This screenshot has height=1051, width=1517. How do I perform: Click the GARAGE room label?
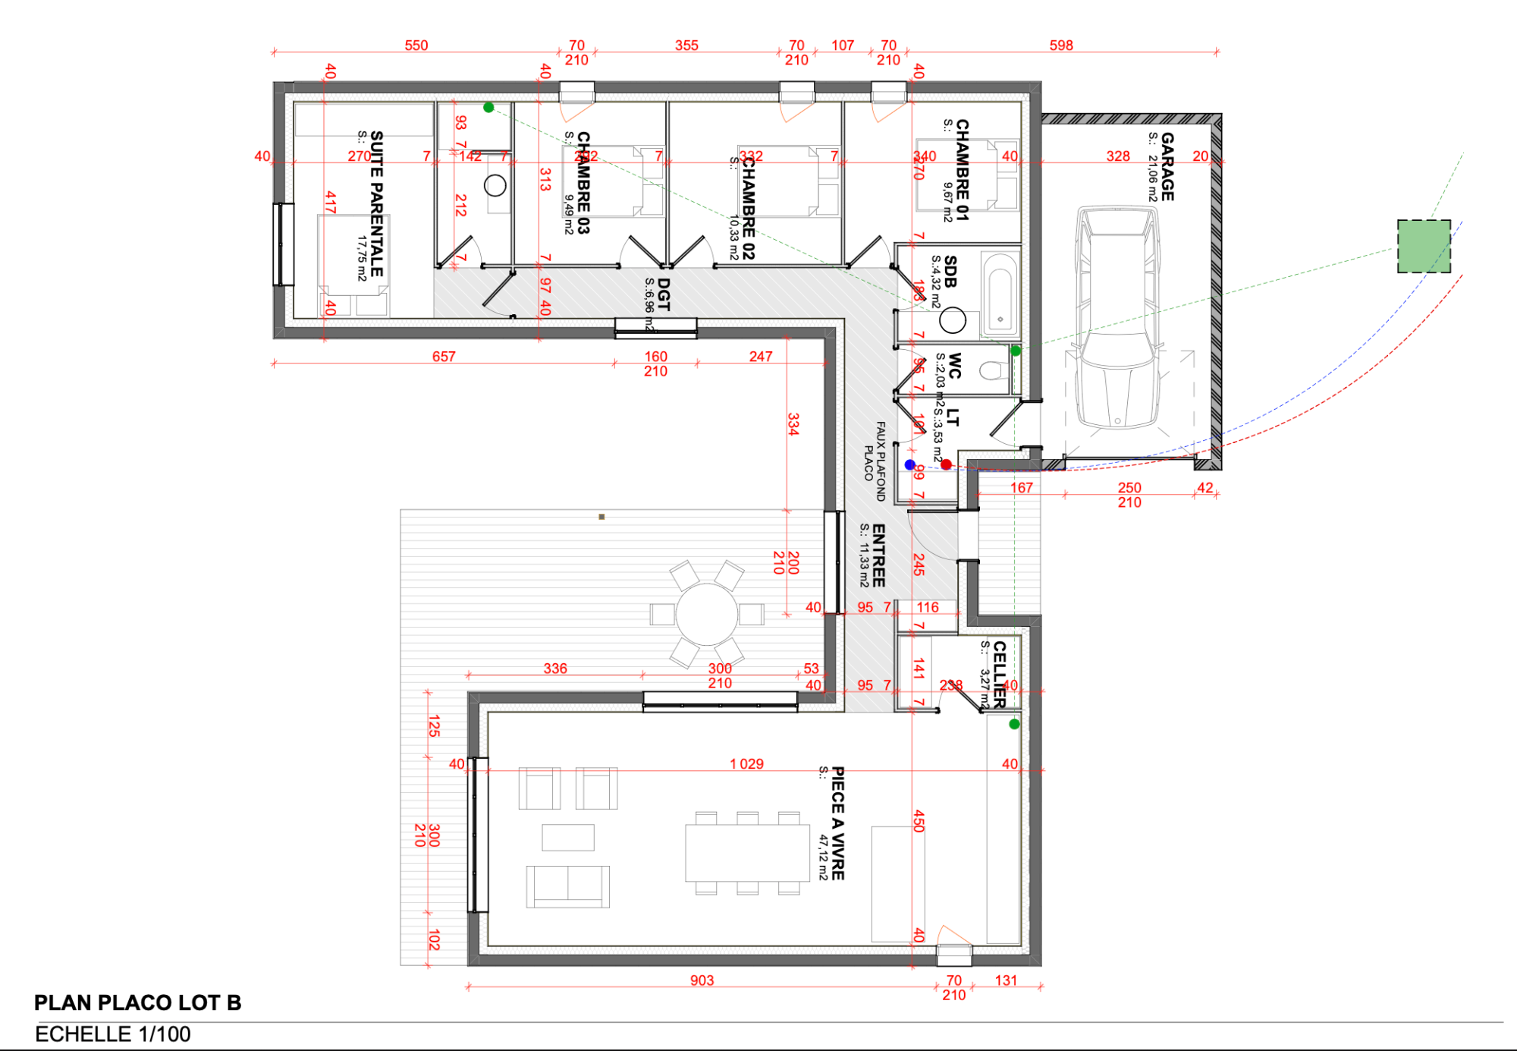[x=1167, y=166]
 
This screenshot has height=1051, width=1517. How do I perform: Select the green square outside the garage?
[x=1424, y=247]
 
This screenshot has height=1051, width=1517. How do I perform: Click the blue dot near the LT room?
[x=910, y=464]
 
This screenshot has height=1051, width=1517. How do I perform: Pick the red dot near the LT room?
[x=946, y=464]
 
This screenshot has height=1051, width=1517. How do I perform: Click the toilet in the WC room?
[x=993, y=370]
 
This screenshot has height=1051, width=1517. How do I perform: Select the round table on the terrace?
[x=706, y=614]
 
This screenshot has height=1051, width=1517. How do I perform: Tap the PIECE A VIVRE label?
[x=837, y=823]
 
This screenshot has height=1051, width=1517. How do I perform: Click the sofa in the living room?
[x=567, y=886]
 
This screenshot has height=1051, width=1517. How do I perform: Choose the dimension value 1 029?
[x=746, y=764]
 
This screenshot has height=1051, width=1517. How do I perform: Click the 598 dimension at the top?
[x=1061, y=46]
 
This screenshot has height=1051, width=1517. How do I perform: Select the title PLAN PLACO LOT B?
[x=137, y=1002]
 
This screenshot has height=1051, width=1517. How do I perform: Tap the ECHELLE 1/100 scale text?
[x=113, y=1034]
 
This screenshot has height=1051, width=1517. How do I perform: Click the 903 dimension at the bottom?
[x=702, y=980]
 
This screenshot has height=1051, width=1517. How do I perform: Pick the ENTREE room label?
[x=878, y=555]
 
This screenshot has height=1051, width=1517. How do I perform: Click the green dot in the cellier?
[x=1014, y=724]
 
